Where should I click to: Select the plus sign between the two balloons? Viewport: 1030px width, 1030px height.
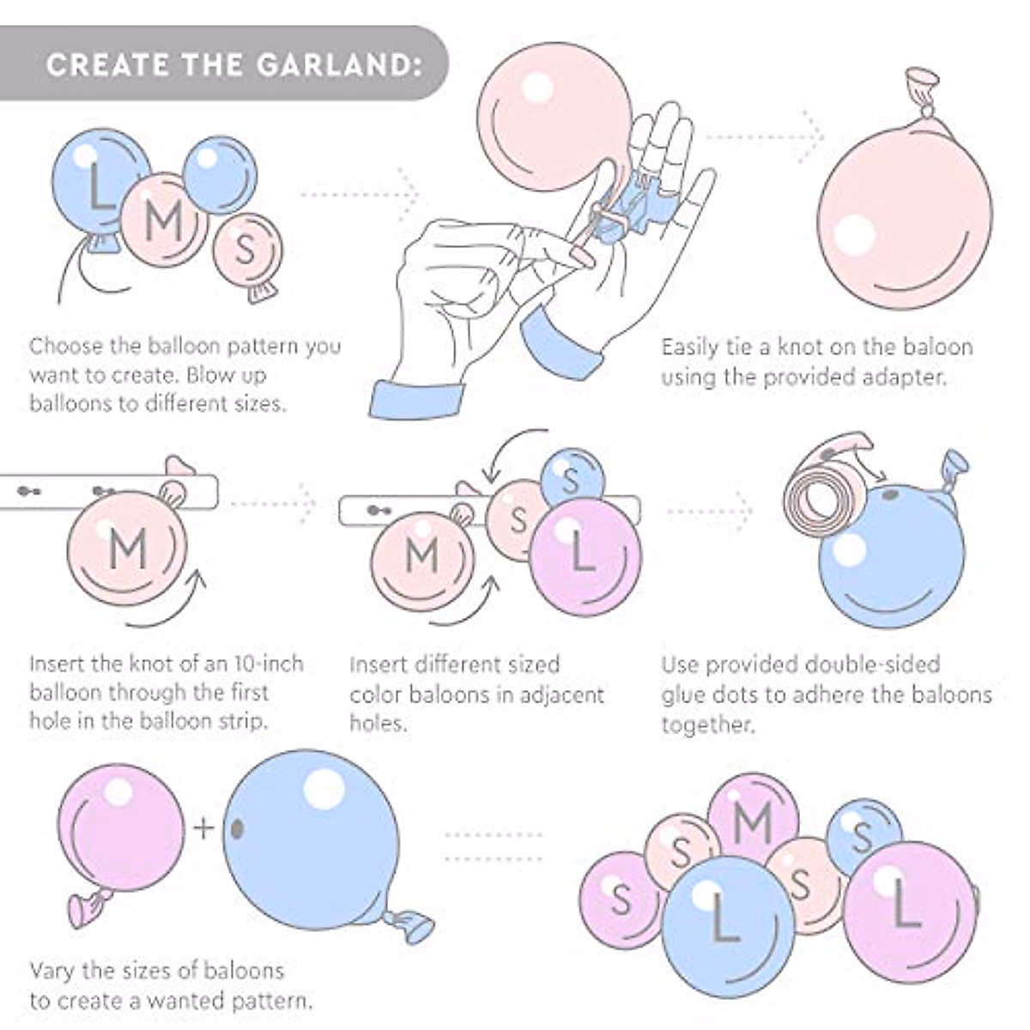[203, 827]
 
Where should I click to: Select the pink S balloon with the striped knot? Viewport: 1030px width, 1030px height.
[246, 251]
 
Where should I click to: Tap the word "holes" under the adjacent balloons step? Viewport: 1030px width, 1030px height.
[378, 723]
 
